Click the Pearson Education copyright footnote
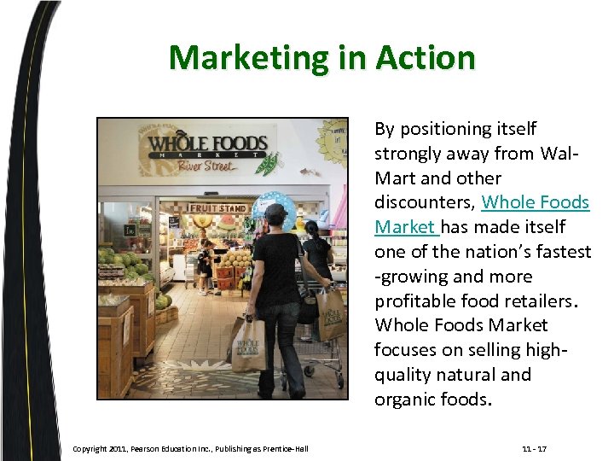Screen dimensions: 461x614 (x=190, y=448)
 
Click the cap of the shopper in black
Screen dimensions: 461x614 (x=275, y=209)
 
